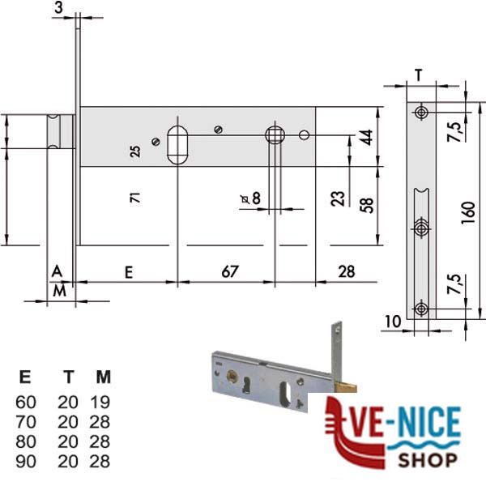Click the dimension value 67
coord(230,271)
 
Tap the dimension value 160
coord(468,212)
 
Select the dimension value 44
coord(367,138)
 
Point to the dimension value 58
coord(367,205)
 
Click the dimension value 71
coord(135,198)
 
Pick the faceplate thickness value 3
coord(58,7)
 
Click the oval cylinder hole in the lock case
coord(177,145)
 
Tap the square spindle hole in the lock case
coord(275,134)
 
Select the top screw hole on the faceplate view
coord(421,113)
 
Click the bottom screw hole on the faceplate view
coord(421,309)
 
